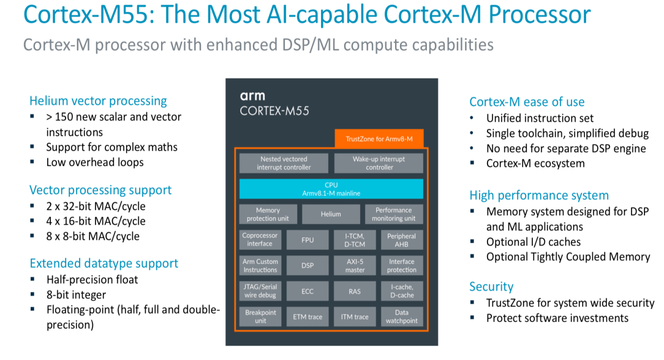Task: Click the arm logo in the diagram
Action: (x=252, y=96)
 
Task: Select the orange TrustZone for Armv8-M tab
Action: (x=379, y=139)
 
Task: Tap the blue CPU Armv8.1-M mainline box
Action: (x=331, y=189)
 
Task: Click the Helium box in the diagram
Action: (x=331, y=214)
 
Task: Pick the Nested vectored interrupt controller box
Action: (x=284, y=163)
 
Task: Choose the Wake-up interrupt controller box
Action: (x=379, y=163)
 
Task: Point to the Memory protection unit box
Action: (x=268, y=214)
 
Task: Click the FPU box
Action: (x=307, y=240)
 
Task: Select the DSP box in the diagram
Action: (x=307, y=266)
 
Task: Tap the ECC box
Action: (x=307, y=291)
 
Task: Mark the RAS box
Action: (x=355, y=291)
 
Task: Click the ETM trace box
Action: (x=307, y=317)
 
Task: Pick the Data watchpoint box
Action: (x=401, y=317)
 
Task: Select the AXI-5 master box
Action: (x=355, y=266)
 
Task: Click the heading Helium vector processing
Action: (x=98, y=101)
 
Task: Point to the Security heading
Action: (x=491, y=287)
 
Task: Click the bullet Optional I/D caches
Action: (x=533, y=242)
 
